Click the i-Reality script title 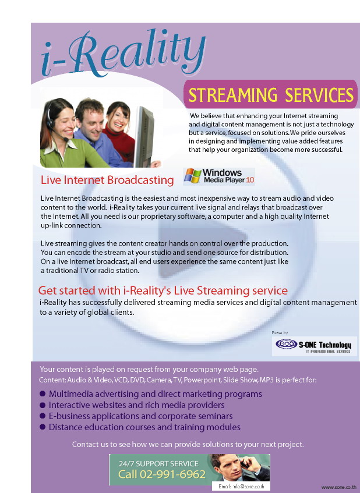click(123, 54)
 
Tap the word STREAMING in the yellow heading click(232, 95)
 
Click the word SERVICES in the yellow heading click(319, 95)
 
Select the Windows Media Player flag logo click(193, 176)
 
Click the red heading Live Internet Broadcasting click(107, 180)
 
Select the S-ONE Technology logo click(314, 346)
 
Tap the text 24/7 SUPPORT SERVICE click(158, 463)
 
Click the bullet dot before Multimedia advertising click(43, 393)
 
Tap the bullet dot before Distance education click(43, 427)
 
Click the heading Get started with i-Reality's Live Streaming click(163, 290)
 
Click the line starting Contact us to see click(188, 445)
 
